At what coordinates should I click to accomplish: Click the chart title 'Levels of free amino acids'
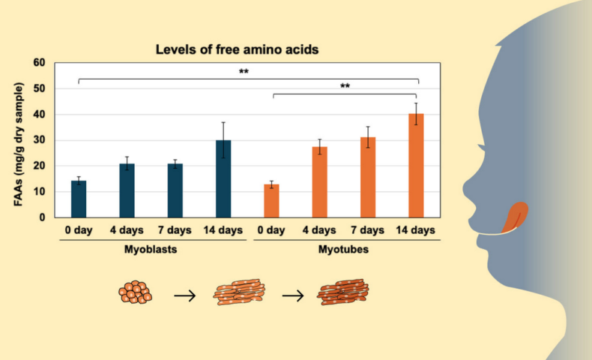pyautogui.click(x=237, y=49)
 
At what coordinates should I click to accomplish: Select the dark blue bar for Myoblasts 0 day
pyautogui.click(x=79, y=199)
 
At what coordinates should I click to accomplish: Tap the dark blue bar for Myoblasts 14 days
pyautogui.click(x=223, y=178)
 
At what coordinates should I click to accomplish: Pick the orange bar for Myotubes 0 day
pyautogui.click(x=271, y=201)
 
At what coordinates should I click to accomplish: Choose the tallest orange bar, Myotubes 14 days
pyautogui.click(x=416, y=166)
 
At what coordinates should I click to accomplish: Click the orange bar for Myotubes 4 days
pyautogui.click(x=320, y=182)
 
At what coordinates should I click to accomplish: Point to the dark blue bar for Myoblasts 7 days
pyautogui.click(x=175, y=190)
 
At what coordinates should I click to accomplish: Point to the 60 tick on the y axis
pyautogui.click(x=39, y=63)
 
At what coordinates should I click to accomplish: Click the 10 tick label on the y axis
pyautogui.click(x=39, y=191)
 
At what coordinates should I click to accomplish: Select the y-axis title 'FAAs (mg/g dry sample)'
pyautogui.click(x=18, y=144)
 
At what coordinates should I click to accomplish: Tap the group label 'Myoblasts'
pyautogui.click(x=151, y=249)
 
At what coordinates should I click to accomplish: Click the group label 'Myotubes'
pyautogui.click(x=343, y=249)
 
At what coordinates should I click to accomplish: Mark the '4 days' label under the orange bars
pyautogui.click(x=319, y=230)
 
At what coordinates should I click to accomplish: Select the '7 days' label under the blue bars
pyautogui.click(x=175, y=230)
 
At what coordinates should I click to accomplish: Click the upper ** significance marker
pyautogui.click(x=244, y=71)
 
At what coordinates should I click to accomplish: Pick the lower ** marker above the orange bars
pyautogui.click(x=345, y=85)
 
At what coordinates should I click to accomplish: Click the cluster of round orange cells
pyautogui.click(x=135, y=292)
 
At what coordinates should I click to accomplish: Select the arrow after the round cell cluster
pyautogui.click(x=185, y=295)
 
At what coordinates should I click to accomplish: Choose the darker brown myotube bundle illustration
pyautogui.click(x=342, y=292)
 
